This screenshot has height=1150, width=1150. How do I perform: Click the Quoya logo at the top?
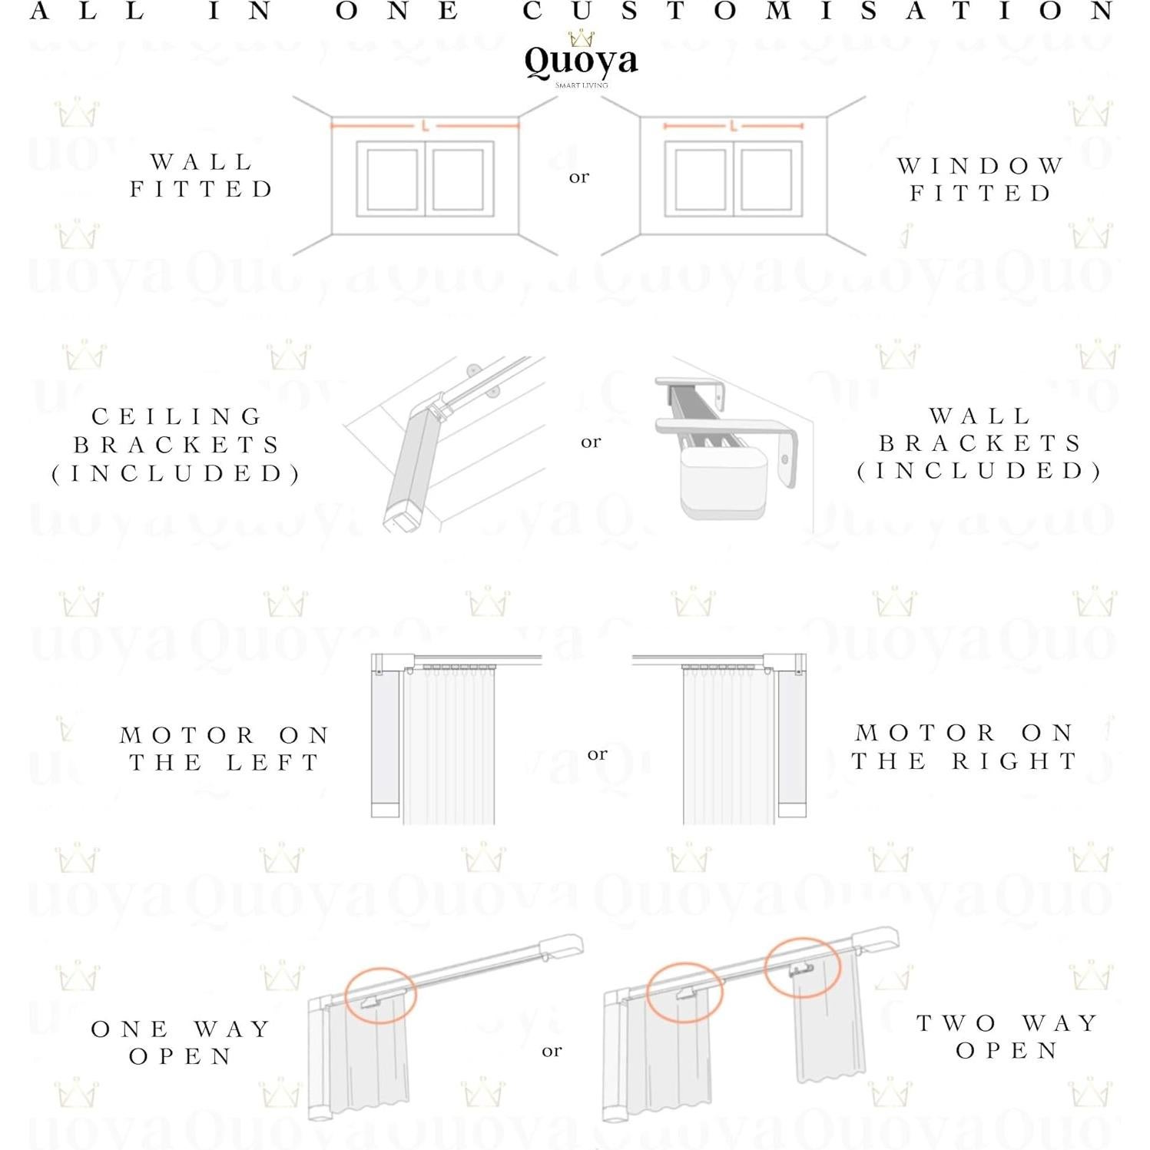[581, 60]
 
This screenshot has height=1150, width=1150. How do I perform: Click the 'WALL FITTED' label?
[201, 175]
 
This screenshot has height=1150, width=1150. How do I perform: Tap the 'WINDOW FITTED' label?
[980, 179]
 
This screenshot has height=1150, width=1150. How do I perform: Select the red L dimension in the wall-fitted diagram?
[425, 125]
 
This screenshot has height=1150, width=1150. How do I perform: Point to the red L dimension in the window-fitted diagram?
[734, 125]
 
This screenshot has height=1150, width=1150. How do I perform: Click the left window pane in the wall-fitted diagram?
[392, 179]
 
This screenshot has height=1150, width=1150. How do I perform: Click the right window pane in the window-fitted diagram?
[766, 179]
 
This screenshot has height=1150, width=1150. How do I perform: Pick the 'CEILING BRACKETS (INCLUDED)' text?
[177, 445]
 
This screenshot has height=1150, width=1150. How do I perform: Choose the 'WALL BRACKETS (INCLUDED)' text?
[980, 443]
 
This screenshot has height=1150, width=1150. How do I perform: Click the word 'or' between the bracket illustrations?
[591, 442]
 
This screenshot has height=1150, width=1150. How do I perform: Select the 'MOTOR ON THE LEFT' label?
[224, 748]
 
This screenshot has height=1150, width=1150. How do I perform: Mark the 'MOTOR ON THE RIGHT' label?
[965, 746]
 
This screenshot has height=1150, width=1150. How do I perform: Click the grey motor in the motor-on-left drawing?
[386, 737]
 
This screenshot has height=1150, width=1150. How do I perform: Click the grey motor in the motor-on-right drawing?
[791, 737]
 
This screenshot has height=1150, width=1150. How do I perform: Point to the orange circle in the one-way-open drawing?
[380, 996]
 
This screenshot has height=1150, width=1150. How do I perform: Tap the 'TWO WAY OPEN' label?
[1007, 1036]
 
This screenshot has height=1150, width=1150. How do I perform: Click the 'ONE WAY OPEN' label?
[181, 1042]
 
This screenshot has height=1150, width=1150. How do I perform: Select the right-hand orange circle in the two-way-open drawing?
[802, 967]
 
